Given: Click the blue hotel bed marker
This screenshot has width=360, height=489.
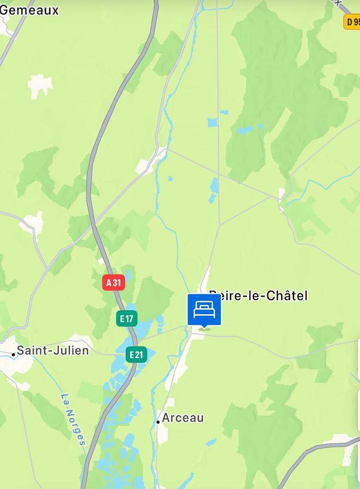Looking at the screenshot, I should point(204,310).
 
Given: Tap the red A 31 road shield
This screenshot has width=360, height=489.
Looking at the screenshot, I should point(114,283).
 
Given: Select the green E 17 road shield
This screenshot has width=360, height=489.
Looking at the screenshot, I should point(127,318).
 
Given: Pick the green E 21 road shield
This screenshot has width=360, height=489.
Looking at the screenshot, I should point(136,355).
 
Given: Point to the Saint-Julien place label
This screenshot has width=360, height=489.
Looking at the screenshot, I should point(53,350).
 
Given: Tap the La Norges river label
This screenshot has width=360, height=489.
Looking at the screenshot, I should point(73,419).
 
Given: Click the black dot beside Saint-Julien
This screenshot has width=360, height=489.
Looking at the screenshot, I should point(14,354).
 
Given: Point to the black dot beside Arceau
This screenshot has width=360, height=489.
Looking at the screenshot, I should point(158,421).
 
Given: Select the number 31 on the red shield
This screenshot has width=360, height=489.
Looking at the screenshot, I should point(117,283).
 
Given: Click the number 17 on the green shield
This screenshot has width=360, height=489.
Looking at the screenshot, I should point(130,318).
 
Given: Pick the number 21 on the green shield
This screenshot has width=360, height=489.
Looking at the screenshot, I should point(140,355).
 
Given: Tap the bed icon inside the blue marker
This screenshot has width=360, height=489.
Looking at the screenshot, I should point(204,310).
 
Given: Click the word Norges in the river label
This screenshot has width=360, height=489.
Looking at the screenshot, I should point(76,426).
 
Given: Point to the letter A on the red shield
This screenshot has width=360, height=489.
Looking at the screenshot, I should point(109,283).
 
